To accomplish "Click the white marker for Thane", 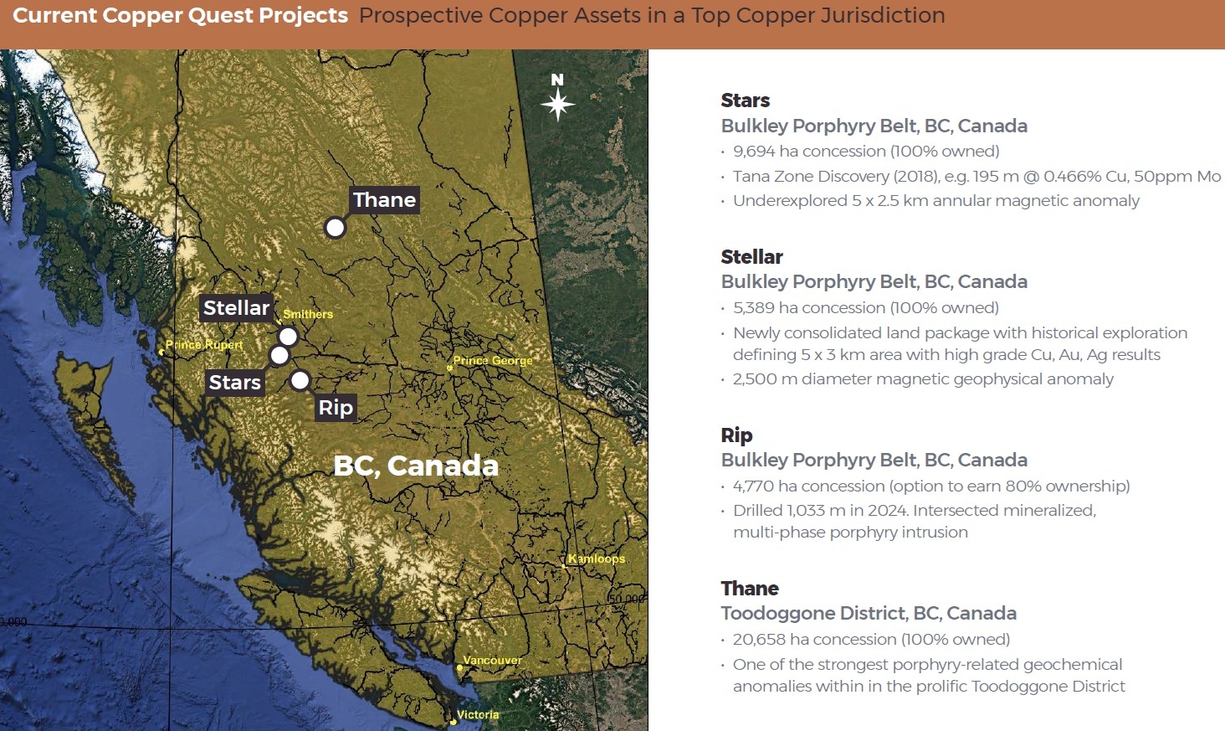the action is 335,227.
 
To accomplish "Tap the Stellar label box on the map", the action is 236,308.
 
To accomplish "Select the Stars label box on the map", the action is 234,382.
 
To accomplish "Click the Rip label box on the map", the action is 336,408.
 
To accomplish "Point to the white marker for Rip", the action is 300,380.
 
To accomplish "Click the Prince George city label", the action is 493,361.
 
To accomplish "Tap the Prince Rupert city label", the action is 204,345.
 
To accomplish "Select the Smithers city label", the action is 308,314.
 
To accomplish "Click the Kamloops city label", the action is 597,559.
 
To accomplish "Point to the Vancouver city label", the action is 492,661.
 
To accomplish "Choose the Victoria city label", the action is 478,714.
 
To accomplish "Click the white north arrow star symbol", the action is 558,104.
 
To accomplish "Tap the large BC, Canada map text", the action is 416,466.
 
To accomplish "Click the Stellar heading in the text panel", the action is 752,256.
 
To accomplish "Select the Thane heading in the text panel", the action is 750,588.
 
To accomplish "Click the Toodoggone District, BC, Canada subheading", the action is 869,614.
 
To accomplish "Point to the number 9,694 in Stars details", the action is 754,152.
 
